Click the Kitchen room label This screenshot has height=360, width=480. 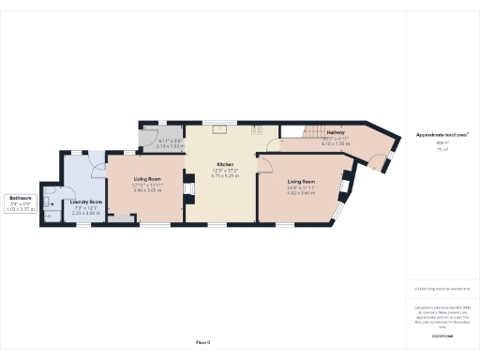coord(221,164)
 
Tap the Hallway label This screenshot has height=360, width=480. coord(336,138)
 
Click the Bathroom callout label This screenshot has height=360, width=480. coord(21,199)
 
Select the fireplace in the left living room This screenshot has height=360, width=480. coord(186,191)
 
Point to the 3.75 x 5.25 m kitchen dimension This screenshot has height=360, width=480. coord(221,175)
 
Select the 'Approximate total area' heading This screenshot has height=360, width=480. coord(442,135)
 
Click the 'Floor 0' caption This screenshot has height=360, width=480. coord(202,343)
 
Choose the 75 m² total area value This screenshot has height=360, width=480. coord(442,148)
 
